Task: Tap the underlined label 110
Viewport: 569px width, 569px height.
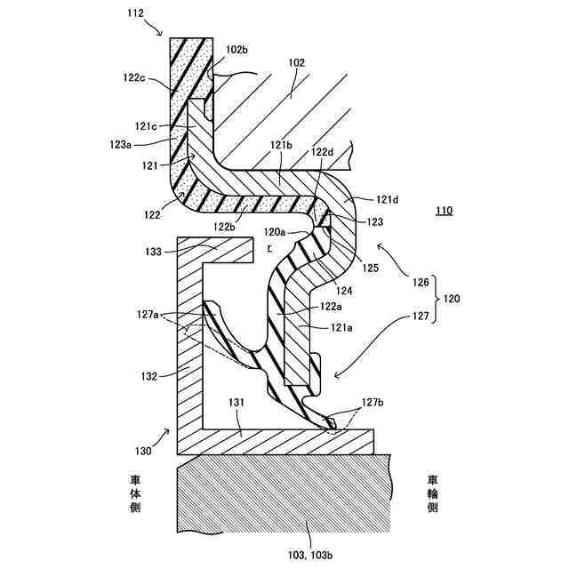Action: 445,211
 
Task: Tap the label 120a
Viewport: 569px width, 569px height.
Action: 276,231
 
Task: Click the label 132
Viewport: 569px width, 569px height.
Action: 148,376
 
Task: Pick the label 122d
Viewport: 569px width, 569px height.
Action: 323,153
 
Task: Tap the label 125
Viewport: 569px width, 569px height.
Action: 372,266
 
